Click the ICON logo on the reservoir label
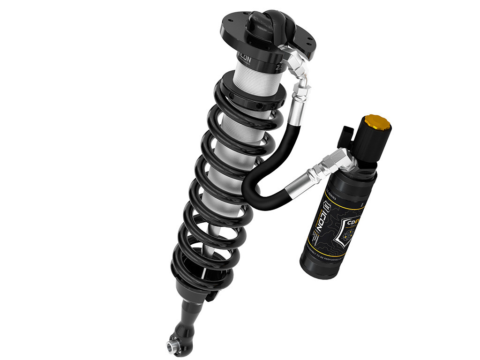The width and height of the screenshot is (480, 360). pos(333,211)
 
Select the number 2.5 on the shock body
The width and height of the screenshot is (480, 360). pos(280,67)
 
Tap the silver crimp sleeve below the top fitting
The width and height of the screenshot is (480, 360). pos(299,101)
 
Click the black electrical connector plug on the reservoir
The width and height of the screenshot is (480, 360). pos(347,135)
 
